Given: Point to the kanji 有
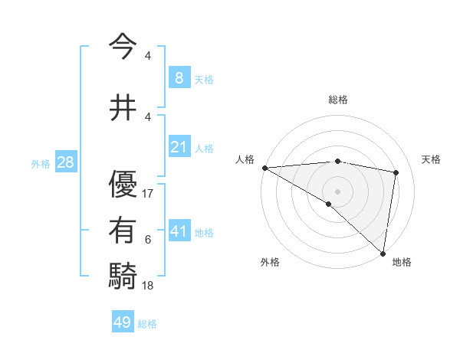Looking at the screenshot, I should (125, 229).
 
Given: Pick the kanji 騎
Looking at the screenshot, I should (125, 274).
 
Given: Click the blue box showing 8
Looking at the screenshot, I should (179, 78).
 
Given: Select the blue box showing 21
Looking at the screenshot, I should (179, 147).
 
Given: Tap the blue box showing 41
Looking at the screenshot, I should (179, 231).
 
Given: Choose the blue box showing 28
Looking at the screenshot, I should (64, 162).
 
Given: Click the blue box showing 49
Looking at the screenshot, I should (123, 322).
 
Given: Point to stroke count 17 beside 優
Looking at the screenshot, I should (149, 194).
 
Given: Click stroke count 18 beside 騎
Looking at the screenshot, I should (149, 285).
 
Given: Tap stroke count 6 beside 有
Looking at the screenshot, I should (148, 240).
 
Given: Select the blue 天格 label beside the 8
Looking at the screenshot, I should (204, 80).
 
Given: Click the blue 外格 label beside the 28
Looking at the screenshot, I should (41, 163).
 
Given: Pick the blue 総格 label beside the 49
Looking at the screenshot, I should (147, 324).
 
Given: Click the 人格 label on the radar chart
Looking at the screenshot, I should (245, 159).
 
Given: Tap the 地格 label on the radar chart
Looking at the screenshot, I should (402, 262).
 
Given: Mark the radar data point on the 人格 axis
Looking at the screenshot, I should (264, 167).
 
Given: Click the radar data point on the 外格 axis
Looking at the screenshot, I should (328, 204).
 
